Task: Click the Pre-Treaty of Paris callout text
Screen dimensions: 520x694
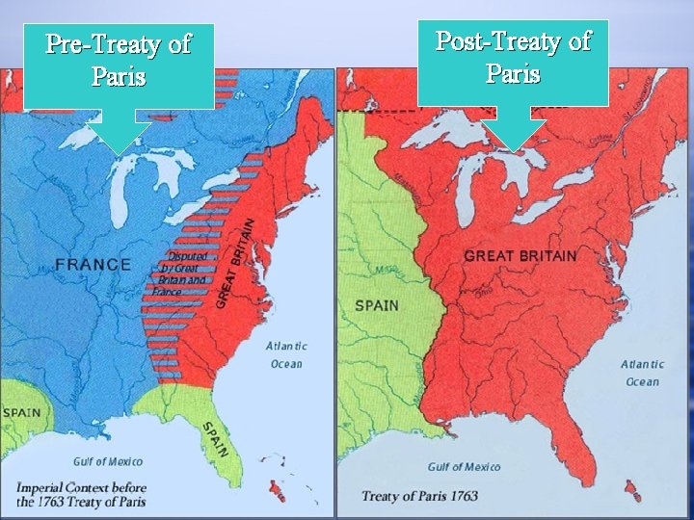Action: point(119,60)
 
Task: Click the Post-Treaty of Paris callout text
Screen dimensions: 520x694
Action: point(513,57)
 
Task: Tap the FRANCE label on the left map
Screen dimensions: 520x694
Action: point(93,264)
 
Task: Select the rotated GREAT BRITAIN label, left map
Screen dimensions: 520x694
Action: point(235,262)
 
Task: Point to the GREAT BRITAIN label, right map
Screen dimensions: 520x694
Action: point(520,256)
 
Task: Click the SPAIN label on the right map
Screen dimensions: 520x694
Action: point(377,305)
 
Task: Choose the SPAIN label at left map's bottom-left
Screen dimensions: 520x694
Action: point(20,412)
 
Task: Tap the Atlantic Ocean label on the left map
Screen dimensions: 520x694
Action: point(286,354)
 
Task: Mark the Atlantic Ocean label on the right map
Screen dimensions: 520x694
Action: point(642,373)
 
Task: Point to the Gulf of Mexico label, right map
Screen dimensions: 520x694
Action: point(465,467)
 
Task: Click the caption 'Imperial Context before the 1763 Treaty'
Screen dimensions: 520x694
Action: point(82,494)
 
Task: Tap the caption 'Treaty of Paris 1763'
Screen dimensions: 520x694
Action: point(419,497)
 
